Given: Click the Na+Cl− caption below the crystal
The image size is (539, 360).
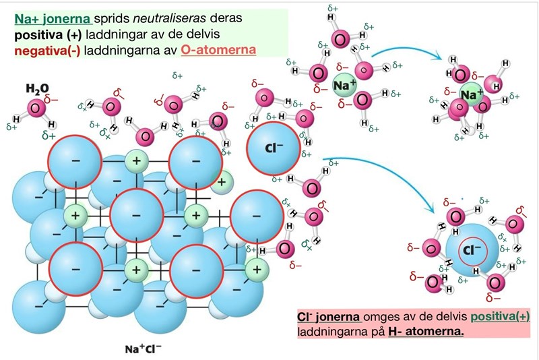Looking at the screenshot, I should (143, 349).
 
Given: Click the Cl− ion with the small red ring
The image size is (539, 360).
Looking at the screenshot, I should (475, 251).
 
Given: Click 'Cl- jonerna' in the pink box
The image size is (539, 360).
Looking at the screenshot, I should (329, 317).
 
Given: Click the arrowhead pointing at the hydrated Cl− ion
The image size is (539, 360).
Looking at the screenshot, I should (433, 204).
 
